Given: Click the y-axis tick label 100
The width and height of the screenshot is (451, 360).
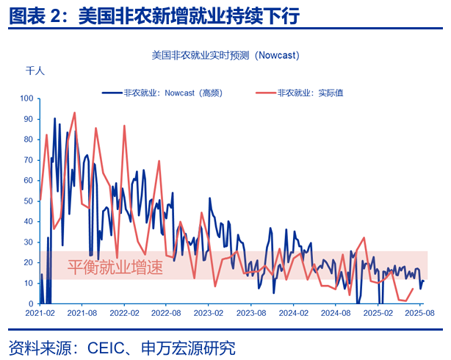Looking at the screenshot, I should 27,98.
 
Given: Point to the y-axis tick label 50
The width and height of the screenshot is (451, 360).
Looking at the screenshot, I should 29,201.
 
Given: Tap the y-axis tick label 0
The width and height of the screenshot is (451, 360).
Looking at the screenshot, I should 32,303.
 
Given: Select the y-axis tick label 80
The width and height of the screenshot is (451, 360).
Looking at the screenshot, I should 29,139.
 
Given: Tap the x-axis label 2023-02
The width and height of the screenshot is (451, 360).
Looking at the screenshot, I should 208,313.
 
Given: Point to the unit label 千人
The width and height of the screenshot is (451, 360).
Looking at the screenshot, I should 35,71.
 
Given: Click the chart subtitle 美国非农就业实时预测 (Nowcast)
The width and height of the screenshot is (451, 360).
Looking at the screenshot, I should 225,55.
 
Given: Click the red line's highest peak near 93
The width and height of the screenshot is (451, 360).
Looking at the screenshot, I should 74,112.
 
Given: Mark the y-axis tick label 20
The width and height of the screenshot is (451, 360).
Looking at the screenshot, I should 29,262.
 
